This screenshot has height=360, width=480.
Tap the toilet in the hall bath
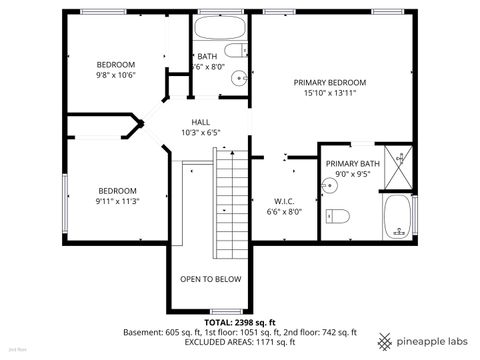pos(234,51)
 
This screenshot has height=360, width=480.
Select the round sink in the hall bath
pos(239,79)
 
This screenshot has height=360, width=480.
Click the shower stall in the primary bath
pos(400,166)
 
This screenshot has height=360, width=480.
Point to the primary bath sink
pos(331,185)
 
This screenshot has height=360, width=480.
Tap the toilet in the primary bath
pos(338,215)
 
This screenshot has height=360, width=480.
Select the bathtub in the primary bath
pos(398,216)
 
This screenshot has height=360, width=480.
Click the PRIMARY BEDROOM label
pos(329,82)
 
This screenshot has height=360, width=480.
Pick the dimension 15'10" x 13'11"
pos(330,93)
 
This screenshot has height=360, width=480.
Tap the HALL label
pos(201,121)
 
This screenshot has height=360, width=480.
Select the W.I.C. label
pos(283,200)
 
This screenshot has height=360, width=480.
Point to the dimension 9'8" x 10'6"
pos(115,74)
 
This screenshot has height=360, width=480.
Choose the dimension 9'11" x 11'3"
pos(118,200)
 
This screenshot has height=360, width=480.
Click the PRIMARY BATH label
pos(353,163)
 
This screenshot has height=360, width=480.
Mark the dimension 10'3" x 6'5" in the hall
pos(201,132)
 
